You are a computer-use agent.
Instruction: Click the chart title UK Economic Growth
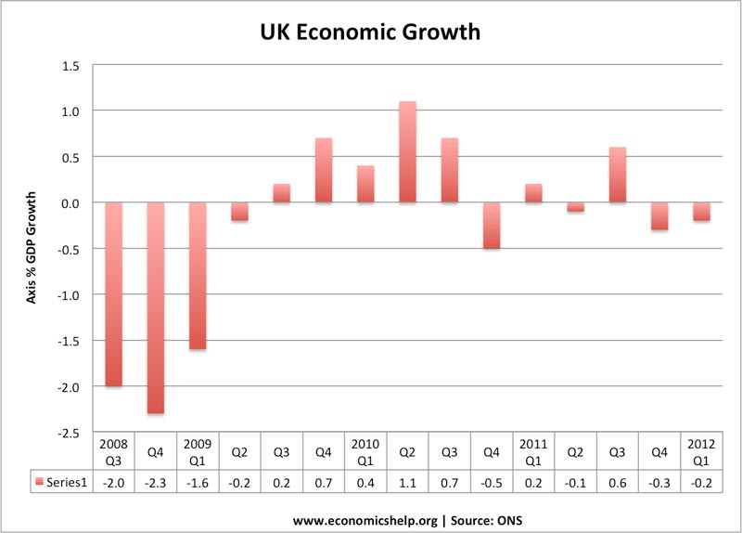click(369, 32)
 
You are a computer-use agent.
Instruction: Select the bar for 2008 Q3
click(113, 294)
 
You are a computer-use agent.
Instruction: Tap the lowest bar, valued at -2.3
click(156, 307)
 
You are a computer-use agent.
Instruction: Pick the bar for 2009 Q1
click(198, 276)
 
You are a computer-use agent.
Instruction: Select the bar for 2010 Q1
click(365, 184)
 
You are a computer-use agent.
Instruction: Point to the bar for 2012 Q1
click(701, 212)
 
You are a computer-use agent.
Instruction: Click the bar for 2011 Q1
click(533, 193)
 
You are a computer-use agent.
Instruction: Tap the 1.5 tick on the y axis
click(70, 65)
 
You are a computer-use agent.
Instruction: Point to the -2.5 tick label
click(69, 433)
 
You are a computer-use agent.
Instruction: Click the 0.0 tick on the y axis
click(70, 202)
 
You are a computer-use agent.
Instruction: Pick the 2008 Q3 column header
click(113, 450)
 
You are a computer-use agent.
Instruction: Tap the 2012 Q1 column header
click(701, 450)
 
